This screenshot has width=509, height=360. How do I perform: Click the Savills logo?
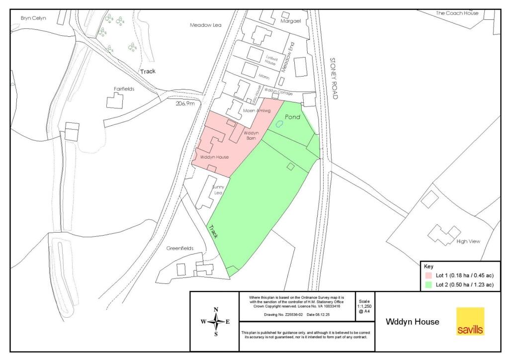[x=470, y=321]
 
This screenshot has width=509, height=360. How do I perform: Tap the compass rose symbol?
[x=216, y=322]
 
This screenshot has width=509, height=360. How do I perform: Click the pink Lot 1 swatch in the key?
[x=428, y=275]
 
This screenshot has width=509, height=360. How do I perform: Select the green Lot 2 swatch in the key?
[x=428, y=285]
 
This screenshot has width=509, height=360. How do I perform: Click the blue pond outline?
[x=279, y=125]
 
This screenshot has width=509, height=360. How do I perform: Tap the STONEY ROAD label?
[x=334, y=79]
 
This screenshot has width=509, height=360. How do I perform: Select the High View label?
[x=468, y=242]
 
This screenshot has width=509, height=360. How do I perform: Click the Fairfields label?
[x=124, y=89]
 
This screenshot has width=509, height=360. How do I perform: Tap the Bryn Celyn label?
[x=33, y=18]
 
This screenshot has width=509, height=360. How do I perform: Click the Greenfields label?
[x=180, y=248]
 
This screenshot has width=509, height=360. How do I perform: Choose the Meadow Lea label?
[x=205, y=24]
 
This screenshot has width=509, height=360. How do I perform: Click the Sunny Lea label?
[x=219, y=189]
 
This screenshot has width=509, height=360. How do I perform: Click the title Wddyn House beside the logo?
[x=413, y=322]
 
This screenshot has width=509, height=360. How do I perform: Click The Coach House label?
[x=457, y=13]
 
